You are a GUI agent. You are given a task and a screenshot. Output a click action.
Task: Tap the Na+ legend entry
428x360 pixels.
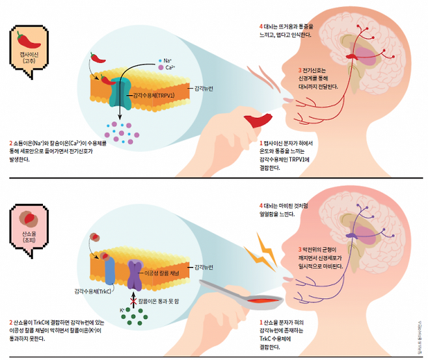[x=166, y=59]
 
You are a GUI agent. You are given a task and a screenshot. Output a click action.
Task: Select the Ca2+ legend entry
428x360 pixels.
[x=167, y=67]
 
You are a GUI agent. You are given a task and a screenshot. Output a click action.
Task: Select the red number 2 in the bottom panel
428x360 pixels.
[x=10, y=321]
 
